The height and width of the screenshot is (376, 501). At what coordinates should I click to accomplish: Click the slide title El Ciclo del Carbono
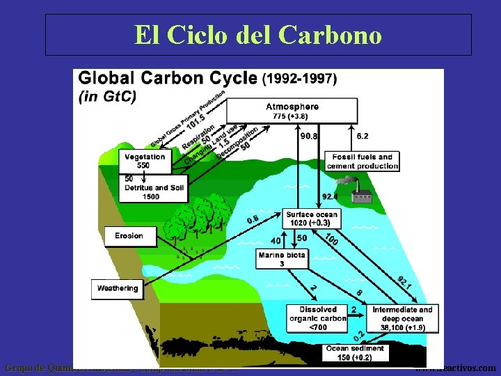258,35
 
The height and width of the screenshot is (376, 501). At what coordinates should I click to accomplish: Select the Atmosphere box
292,110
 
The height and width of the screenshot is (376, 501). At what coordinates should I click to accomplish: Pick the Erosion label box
129,236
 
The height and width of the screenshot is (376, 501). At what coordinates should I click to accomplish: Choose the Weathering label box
117,288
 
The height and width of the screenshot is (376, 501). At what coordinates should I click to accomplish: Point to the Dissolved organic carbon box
317,318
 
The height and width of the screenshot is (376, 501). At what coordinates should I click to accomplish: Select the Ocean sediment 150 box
356,352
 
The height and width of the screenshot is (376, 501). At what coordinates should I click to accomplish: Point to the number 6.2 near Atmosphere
363,136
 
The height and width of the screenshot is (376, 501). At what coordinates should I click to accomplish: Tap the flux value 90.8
309,136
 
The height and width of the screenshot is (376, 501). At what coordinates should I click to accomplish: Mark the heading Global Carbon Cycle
168,78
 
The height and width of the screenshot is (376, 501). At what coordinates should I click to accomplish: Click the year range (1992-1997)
299,78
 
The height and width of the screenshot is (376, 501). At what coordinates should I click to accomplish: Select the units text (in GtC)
107,97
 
